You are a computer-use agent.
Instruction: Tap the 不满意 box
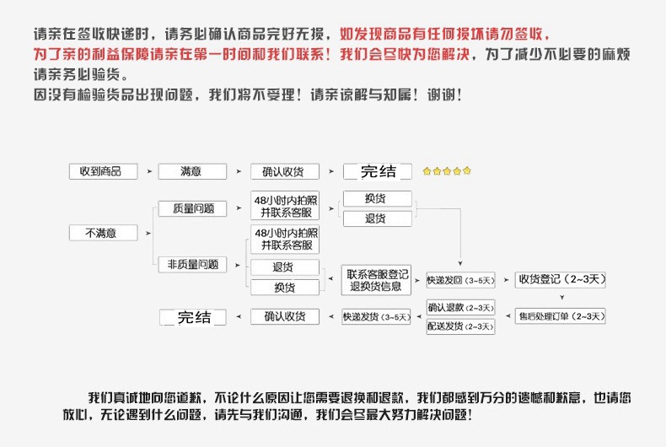(102, 233)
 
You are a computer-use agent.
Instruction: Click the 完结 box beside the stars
(378, 171)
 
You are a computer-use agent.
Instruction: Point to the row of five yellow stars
(447, 171)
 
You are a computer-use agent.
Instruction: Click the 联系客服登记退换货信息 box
(376, 279)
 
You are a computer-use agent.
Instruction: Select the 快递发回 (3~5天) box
(460, 279)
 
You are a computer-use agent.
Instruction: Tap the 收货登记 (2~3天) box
(561, 279)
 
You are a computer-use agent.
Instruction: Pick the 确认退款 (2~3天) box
(460, 308)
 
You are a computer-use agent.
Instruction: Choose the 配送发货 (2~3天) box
(460, 326)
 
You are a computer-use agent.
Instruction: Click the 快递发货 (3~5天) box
(376, 317)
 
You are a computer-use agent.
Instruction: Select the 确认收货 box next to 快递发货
(285, 317)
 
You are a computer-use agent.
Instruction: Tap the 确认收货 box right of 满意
(285, 171)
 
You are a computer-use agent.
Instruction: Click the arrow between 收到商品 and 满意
(149, 171)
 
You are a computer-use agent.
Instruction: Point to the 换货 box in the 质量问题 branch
(376, 199)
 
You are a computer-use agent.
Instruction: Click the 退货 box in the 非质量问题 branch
(285, 267)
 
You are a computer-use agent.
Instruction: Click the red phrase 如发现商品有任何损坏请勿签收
(445, 35)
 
